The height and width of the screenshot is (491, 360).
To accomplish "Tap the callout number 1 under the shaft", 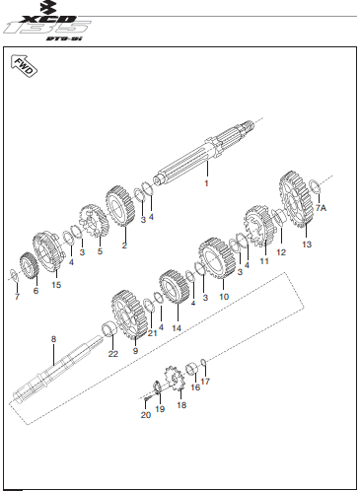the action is (x=206, y=183).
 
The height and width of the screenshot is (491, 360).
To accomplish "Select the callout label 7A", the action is (x=321, y=208).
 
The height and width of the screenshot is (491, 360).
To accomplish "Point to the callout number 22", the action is (x=113, y=354).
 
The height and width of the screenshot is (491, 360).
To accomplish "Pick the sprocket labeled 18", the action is (x=175, y=379).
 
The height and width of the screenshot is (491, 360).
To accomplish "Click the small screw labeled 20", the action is (x=147, y=398).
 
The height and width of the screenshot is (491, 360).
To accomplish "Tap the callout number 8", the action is (x=53, y=339).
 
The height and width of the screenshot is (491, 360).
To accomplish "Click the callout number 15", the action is (x=56, y=285).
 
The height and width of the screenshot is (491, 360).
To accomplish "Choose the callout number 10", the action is (x=224, y=297).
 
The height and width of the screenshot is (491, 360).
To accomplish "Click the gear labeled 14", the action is (x=174, y=287).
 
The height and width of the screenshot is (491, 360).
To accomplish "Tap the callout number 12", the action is (x=281, y=252).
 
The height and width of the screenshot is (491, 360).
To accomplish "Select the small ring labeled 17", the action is (x=203, y=362).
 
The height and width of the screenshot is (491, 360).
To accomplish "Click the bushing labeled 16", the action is (x=191, y=369).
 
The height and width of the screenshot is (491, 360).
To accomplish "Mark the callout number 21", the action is (x=152, y=333).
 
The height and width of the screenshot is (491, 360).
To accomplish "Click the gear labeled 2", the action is (x=120, y=206).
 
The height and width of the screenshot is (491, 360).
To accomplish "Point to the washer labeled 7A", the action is (x=315, y=186).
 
